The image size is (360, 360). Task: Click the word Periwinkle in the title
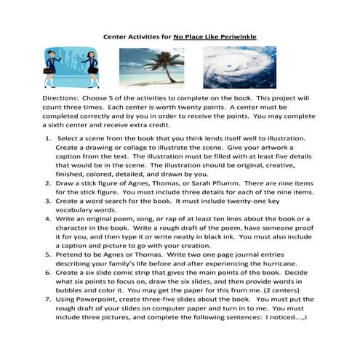[237, 35]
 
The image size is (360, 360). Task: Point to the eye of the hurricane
[239, 68]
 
